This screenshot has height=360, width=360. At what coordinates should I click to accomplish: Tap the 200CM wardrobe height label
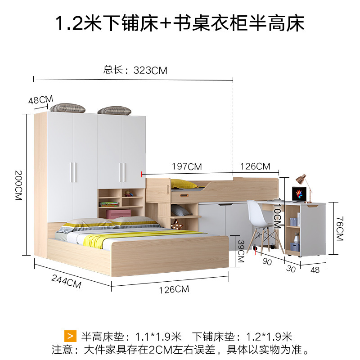point(18,185)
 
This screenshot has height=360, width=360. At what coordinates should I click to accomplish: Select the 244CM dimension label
point(66,282)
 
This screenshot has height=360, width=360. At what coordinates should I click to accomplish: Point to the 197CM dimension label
point(187,166)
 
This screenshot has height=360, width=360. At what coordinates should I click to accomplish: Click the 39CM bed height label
point(241,251)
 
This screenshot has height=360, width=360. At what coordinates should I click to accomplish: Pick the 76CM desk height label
point(340,229)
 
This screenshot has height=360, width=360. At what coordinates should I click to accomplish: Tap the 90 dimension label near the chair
point(267,261)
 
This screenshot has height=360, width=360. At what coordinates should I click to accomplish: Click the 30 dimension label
point(291,269)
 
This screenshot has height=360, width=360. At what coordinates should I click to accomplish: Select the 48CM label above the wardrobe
point(40,99)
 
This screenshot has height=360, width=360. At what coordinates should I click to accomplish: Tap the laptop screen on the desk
point(299,194)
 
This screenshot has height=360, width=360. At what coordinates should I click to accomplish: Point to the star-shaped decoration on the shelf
point(177,225)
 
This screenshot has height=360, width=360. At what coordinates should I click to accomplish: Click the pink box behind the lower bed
point(118,214)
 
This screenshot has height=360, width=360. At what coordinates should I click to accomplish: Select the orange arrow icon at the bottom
point(70,336)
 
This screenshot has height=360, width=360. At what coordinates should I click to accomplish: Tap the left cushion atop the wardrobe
point(67,108)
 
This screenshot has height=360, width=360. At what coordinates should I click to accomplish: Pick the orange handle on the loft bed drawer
point(184,195)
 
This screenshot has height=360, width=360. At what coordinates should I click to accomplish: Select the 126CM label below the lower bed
point(174,289)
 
